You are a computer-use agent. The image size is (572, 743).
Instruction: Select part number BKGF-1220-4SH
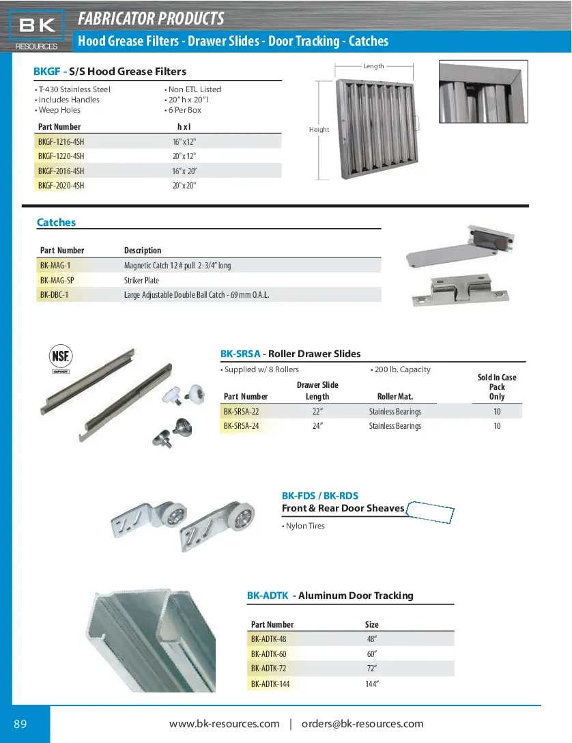pyautogui.click(x=61, y=156)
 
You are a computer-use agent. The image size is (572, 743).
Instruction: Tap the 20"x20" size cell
pyautogui.click(x=184, y=186)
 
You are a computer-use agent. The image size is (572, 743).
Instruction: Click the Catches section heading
pyautogui.click(x=56, y=223)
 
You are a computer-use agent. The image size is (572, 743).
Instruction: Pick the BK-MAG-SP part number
pyautogui.click(x=57, y=281)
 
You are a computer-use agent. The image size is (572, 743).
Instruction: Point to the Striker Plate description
pyautogui.click(x=141, y=281)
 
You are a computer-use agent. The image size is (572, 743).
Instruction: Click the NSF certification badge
pyautogui.click(x=61, y=358)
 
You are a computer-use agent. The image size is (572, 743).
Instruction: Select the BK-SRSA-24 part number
pyautogui.click(x=241, y=426)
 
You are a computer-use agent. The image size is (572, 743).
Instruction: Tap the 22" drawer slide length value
pyautogui.click(x=317, y=412)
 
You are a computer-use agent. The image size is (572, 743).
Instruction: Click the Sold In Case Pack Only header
pyautogui.click(x=497, y=387)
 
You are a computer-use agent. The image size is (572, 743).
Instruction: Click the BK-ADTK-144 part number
pyautogui.click(x=270, y=684)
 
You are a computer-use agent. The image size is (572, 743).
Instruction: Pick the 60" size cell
pyautogui.click(x=372, y=654)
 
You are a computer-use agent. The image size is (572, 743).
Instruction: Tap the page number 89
pyautogui.click(x=20, y=724)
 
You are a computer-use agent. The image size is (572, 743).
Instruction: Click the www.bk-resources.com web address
pyautogui.click(x=224, y=724)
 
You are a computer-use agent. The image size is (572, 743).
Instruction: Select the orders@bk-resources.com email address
pyautogui.click(x=362, y=724)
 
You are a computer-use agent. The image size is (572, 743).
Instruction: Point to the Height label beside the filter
pyautogui.click(x=319, y=130)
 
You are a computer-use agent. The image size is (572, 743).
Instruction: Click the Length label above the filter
pyautogui.click(x=374, y=66)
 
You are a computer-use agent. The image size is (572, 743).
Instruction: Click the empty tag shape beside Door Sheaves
pyautogui.click(x=430, y=512)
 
